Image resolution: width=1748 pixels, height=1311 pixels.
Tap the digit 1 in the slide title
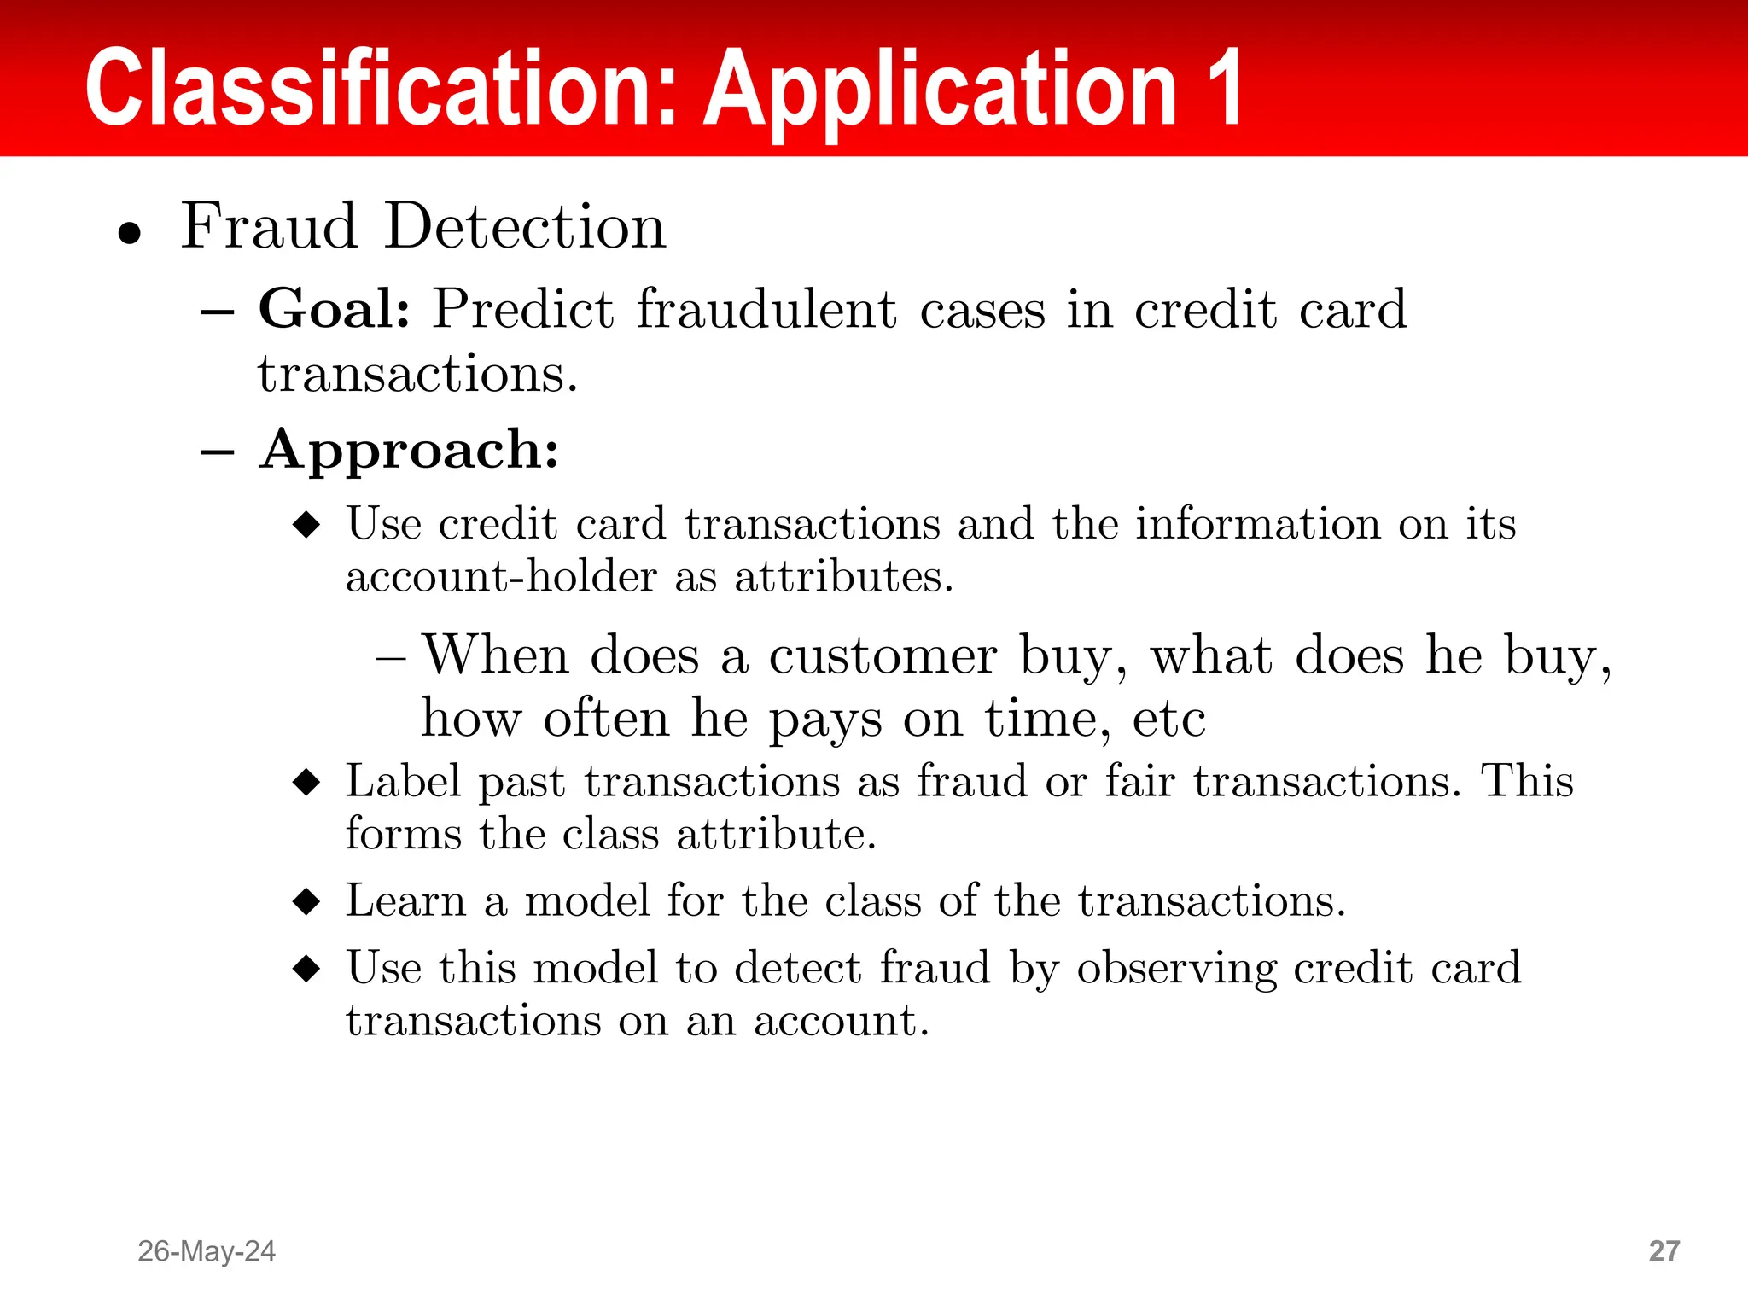[1221, 88]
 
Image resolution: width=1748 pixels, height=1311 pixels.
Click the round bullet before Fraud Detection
[130, 232]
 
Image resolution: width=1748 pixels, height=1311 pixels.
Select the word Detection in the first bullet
[525, 227]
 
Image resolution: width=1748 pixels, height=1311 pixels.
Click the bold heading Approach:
[410, 449]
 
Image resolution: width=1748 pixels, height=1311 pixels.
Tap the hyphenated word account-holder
[501, 576]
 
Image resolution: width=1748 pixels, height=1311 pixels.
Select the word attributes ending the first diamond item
[843, 576]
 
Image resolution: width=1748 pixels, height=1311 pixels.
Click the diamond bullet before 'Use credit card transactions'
[306, 524]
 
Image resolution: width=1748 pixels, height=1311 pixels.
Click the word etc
[1168, 719]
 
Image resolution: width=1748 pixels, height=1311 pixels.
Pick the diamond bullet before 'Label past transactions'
[306, 781]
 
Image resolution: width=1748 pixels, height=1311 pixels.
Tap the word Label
[403, 781]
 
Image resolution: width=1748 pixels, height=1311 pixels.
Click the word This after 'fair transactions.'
[1527, 781]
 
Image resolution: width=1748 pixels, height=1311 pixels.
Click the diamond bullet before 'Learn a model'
[306, 901]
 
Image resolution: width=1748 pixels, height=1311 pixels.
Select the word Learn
[405, 901]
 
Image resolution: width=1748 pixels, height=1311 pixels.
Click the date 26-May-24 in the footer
[207, 1251]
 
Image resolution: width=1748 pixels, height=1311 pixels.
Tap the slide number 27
[1664, 1251]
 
